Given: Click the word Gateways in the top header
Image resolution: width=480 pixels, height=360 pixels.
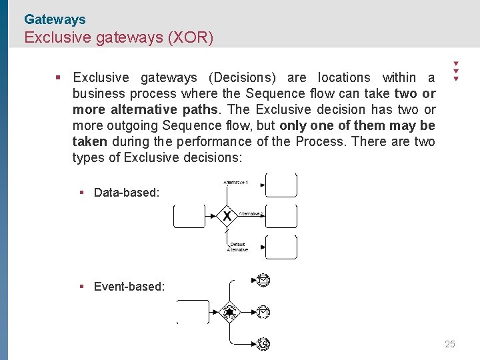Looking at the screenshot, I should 55,20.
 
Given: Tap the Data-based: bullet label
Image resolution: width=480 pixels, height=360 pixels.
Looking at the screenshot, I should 127,193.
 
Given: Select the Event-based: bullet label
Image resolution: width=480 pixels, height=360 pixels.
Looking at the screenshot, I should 129,287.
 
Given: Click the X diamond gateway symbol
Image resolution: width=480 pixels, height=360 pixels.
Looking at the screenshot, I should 227,216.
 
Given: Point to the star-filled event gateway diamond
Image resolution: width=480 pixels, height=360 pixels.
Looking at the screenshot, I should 230,311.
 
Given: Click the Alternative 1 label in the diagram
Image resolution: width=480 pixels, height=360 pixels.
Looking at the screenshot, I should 235,182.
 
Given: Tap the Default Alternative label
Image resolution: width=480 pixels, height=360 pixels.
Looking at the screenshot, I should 237,247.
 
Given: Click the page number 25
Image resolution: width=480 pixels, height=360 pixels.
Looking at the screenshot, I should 450,345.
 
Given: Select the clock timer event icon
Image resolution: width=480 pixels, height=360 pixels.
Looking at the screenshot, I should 263,343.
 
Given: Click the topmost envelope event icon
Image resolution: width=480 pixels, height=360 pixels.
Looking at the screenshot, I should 263,281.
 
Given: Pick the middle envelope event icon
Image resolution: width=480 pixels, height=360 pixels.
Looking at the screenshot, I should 263,311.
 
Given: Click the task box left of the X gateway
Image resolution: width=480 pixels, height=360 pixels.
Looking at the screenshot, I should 189,216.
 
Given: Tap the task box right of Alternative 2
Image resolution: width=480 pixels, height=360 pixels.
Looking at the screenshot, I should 281,216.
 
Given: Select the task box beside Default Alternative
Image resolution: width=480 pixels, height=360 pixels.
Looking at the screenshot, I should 281,247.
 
